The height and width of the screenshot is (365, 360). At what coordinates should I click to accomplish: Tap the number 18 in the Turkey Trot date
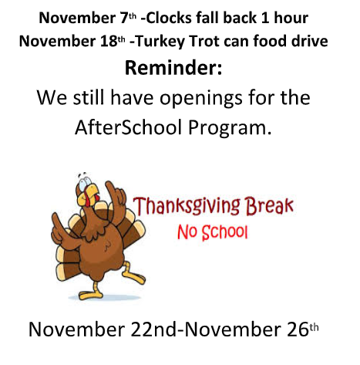[x=109, y=41]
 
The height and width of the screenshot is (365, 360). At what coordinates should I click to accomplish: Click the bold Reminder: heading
[x=173, y=68]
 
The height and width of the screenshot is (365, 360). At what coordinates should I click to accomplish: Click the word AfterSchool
[x=128, y=127]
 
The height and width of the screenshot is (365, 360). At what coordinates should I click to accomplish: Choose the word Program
[x=230, y=129]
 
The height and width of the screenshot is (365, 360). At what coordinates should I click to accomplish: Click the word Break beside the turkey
[x=270, y=206]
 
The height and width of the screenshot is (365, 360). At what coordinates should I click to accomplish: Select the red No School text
[x=213, y=232]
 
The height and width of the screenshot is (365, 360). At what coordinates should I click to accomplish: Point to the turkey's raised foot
[x=133, y=276]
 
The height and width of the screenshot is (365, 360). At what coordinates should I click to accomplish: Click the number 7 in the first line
[x=125, y=19]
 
